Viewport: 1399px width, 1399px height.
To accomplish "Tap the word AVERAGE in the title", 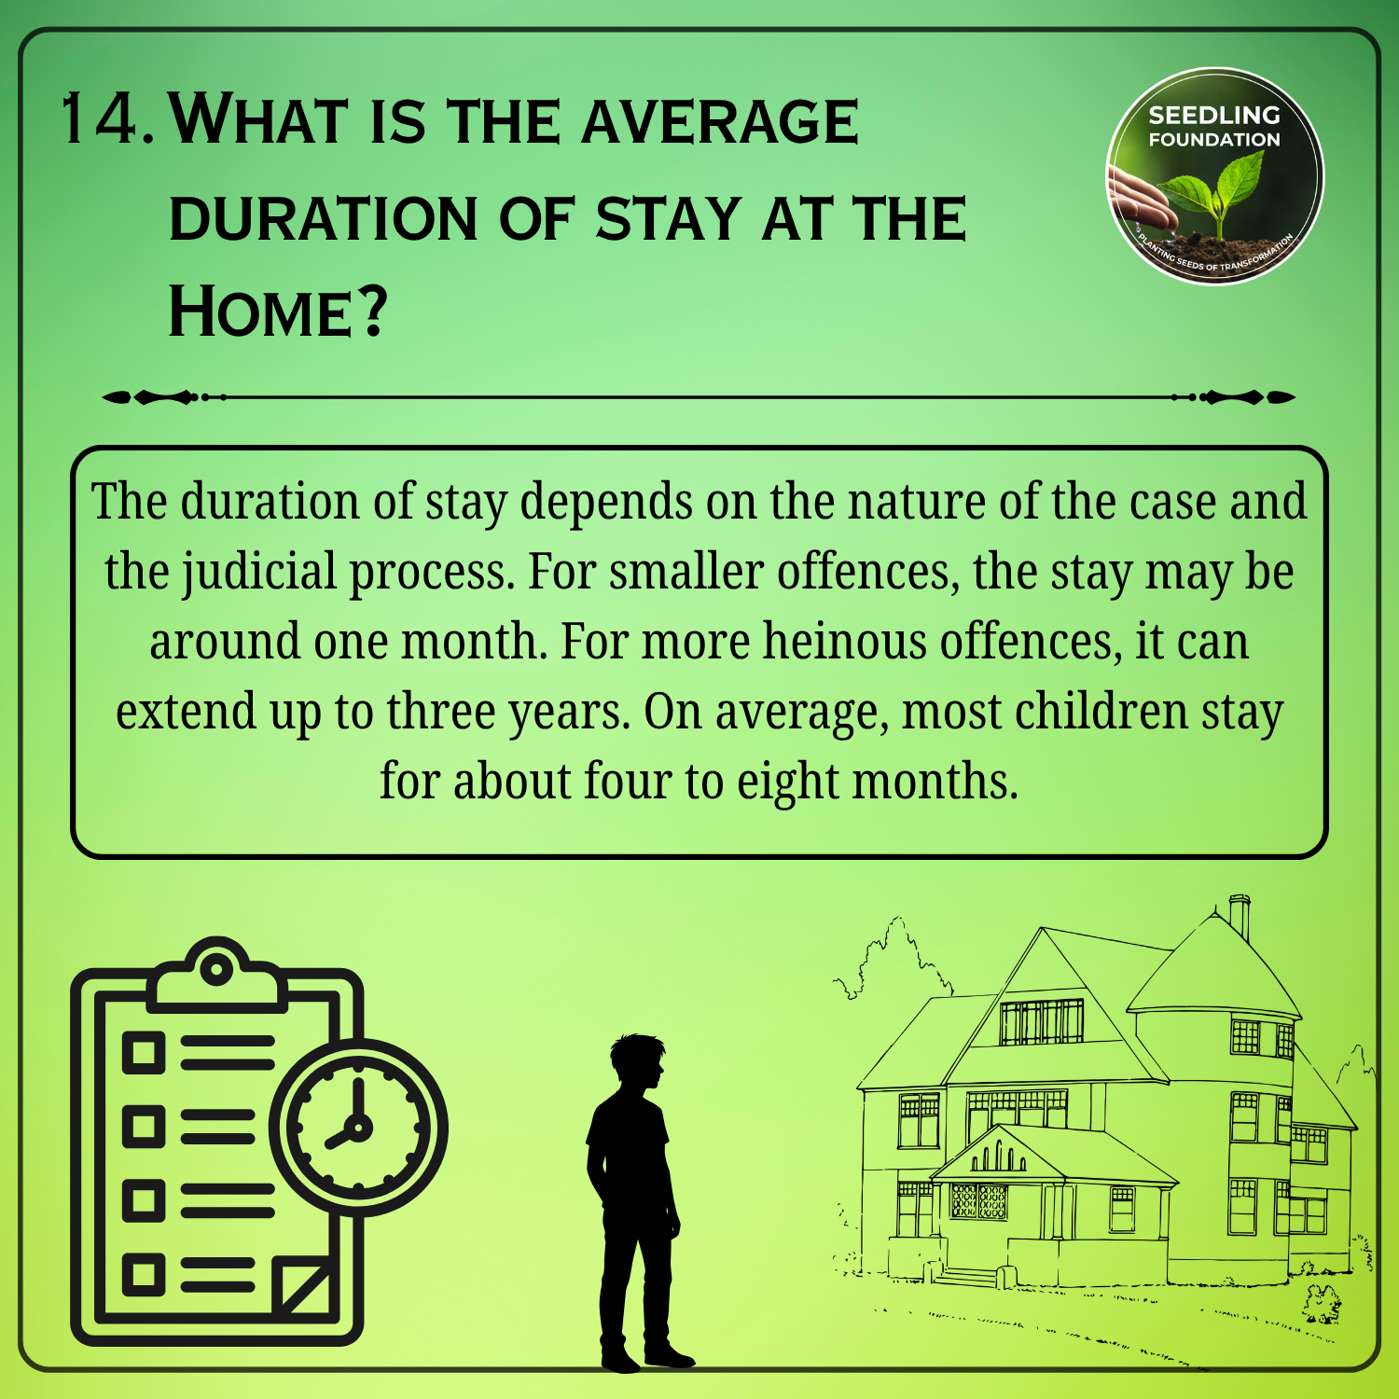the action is pyautogui.click(x=719, y=121).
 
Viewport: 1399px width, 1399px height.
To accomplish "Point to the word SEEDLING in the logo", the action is pyautogui.click(x=1214, y=116).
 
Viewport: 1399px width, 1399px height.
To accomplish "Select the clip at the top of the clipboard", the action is pyautogui.click(x=216, y=975).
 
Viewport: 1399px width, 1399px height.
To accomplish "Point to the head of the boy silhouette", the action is pyautogui.click(x=637, y=1062).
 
